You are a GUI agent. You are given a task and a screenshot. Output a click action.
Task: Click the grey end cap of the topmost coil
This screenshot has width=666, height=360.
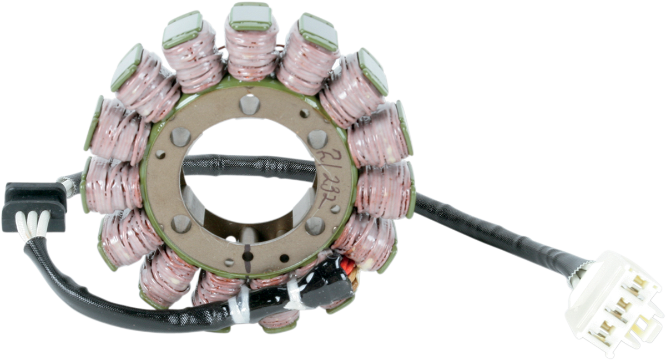click(250, 16)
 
